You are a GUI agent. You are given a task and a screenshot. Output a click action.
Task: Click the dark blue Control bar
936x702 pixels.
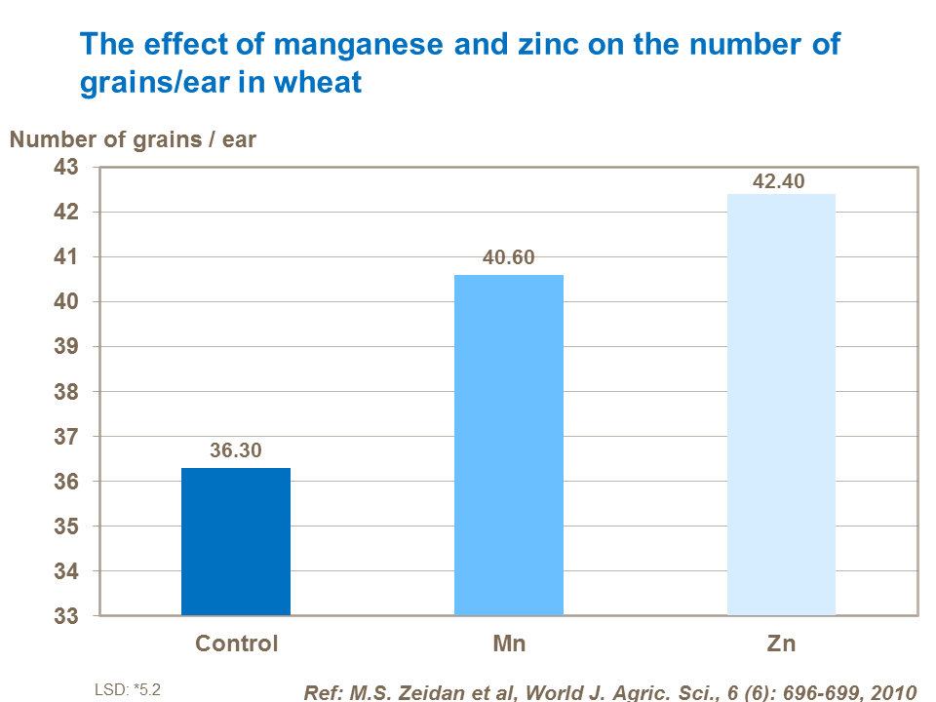coord(236,542)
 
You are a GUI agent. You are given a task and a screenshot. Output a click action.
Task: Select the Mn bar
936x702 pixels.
coord(509,446)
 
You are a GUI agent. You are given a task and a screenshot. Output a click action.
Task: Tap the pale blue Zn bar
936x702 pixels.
coord(781,405)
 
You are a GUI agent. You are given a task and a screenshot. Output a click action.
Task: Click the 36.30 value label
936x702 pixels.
coord(236,451)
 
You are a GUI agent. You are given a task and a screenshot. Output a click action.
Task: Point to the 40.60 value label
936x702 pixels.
coord(509,258)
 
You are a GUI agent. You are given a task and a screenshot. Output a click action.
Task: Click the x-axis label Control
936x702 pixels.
coord(236,643)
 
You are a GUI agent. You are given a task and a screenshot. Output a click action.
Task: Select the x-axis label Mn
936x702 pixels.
coord(509,643)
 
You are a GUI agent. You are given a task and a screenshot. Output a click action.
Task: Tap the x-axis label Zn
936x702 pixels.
coord(781,643)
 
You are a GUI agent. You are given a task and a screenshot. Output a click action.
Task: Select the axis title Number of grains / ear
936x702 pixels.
coord(133,139)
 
